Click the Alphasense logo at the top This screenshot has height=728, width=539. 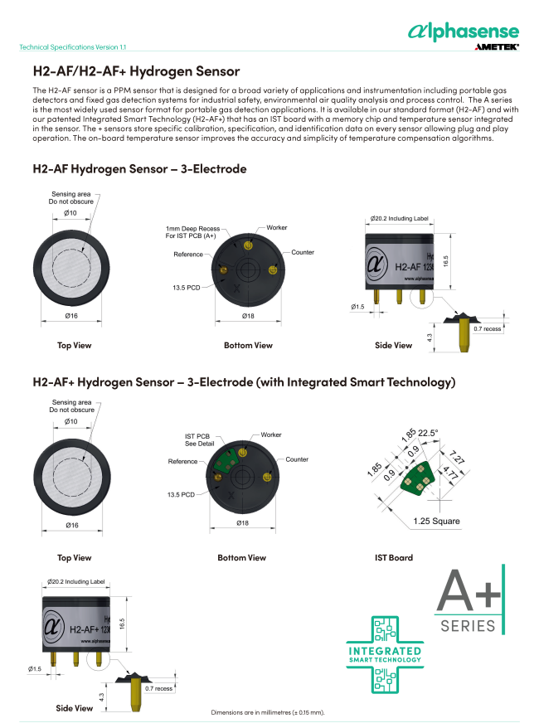point(464,31)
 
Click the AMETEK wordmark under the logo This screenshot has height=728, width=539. point(497,47)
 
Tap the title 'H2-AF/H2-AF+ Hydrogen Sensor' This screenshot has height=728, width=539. point(136,71)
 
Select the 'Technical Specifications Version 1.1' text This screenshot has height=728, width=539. point(73,47)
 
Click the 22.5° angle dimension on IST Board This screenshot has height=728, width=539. point(428,432)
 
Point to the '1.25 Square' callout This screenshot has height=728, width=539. point(436,521)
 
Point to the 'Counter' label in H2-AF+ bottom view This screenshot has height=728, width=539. point(297,459)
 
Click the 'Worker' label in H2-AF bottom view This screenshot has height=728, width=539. point(277,226)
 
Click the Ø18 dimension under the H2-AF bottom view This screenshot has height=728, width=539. point(248,316)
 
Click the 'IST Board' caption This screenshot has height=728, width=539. point(394,558)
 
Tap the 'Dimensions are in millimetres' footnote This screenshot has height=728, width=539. point(268,712)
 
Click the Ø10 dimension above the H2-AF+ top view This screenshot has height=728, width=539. point(70,423)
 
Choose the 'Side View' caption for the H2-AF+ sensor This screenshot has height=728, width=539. point(75,708)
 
